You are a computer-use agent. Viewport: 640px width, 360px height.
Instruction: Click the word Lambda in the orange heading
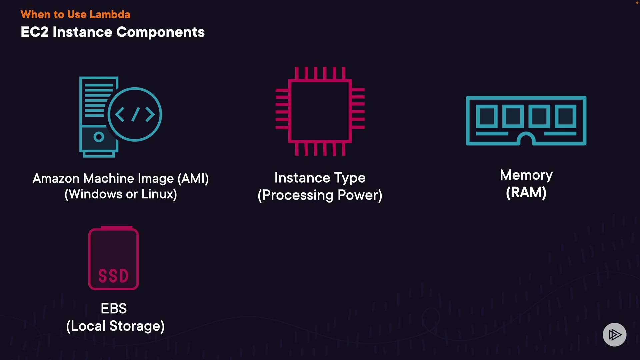point(110,14)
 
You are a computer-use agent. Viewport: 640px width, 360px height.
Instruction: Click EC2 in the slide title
point(35,32)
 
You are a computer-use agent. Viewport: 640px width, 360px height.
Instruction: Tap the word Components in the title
point(160,32)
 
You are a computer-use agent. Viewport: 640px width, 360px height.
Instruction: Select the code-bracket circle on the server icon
point(135,114)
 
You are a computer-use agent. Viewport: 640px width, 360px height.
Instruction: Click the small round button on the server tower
point(99,137)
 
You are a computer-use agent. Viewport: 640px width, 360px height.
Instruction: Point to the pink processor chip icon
point(320,111)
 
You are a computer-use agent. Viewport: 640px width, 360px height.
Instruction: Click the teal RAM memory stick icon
point(526,120)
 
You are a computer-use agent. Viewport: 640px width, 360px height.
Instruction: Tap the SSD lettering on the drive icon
point(113,276)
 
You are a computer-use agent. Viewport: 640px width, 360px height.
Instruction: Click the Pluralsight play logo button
point(614,334)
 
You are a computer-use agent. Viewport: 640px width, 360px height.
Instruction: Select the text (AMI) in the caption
point(193,179)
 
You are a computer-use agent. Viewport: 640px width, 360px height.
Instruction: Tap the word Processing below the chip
point(298,195)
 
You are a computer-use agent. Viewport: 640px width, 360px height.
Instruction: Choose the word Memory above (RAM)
point(526,175)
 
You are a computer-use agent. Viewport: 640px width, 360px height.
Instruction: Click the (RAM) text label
point(526,192)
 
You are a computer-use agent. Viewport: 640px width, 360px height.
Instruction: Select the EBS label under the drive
point(114,308)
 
